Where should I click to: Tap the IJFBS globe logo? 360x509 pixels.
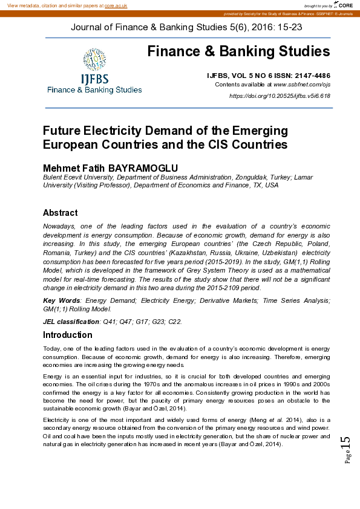pos(94,61)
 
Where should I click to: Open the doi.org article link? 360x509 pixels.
pos(279,96)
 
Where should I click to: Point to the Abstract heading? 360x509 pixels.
pos(60,213)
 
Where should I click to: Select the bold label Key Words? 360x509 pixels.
pos(61,300)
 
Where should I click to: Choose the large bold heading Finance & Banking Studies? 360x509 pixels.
pos(238,51)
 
